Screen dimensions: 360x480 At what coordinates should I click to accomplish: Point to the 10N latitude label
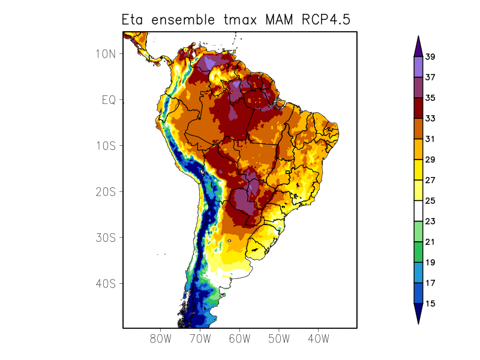106,53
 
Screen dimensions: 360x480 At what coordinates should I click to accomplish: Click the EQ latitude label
108,100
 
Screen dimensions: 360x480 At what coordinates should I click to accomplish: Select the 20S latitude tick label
106,191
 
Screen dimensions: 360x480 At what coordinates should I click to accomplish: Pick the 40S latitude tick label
106,283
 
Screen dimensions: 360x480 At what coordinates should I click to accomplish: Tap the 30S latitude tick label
106,237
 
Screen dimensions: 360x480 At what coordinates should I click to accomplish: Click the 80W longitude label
161,339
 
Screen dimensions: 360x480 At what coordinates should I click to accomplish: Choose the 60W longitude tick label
239,339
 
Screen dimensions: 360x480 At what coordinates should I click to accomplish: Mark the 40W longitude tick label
318,339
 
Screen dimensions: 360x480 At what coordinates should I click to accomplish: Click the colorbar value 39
430,57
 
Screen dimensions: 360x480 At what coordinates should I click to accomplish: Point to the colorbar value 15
430,304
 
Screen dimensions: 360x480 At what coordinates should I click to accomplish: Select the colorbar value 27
430,180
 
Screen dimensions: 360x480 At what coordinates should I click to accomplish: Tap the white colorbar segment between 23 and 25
418,211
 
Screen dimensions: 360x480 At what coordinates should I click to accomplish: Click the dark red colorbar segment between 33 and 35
418,108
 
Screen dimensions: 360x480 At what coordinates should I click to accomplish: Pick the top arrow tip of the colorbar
418,37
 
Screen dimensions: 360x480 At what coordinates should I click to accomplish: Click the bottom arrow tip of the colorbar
418,323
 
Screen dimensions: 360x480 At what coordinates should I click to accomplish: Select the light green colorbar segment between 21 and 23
418,232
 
